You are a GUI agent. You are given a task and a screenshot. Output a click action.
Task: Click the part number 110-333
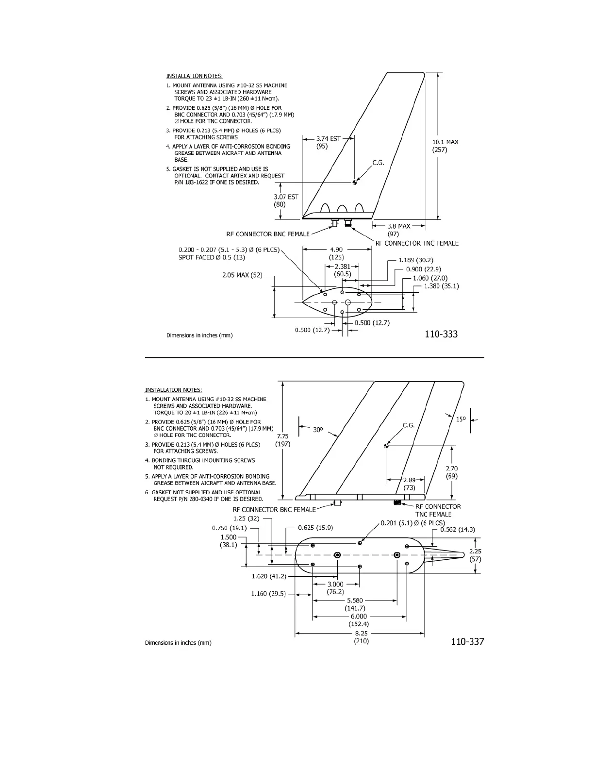[441, 334]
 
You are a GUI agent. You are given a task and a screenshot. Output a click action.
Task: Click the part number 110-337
[467, 642]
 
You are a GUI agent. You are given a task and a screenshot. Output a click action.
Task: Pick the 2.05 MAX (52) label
[242, 275]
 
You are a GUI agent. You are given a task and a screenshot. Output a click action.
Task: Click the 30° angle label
[318, 430]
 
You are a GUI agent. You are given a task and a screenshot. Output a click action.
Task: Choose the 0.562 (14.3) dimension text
[458, 530]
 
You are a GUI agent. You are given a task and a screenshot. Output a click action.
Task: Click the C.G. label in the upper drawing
[378, 163]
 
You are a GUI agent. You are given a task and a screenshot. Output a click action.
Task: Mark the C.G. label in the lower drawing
[409, 425]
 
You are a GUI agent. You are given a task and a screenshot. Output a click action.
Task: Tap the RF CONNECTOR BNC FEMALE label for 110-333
[268, 234]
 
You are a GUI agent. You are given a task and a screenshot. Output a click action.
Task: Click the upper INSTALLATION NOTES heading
[195, 76]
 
